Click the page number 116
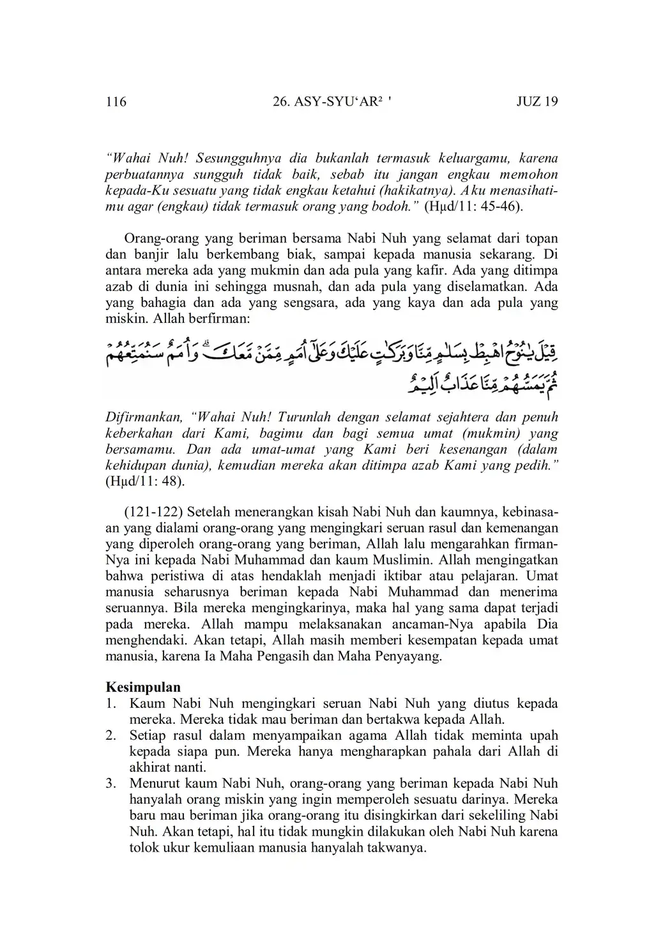pos(116,102)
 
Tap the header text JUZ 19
pos(537,102)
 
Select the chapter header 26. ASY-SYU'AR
pos(330,102)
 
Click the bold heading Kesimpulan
pos(143,687)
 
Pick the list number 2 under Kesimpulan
pos(111,735)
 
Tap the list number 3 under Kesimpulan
pos(111,783)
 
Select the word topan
pos(542,239)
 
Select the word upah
pos(543,735)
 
